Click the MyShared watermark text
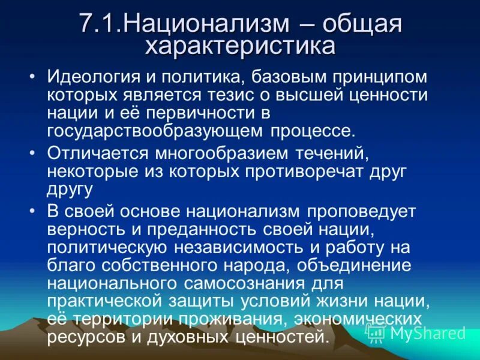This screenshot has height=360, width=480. (x=427, y=332)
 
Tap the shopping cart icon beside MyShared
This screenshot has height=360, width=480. (x=375, y=332)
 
